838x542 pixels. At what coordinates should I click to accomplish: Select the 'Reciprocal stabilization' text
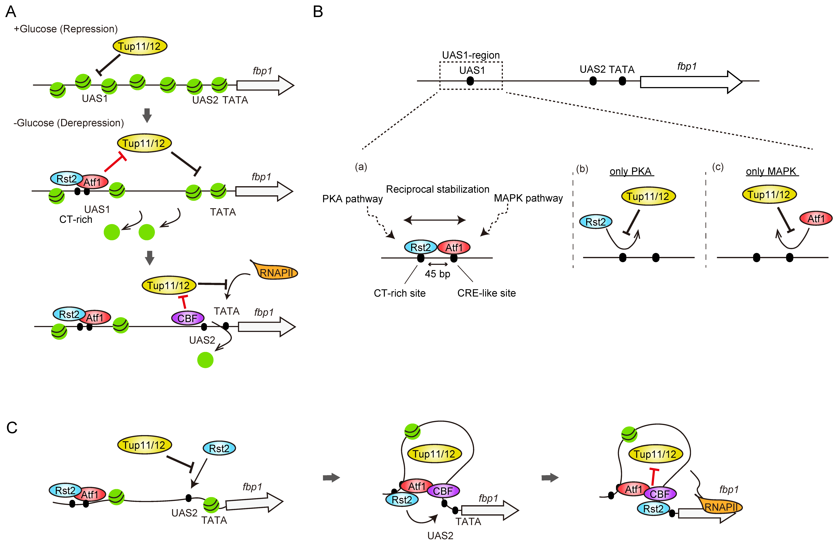[x=437, y=189]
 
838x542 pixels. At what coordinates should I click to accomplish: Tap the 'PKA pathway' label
[x=352, y=199]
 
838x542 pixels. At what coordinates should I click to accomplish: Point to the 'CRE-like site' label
[x=486, y=293]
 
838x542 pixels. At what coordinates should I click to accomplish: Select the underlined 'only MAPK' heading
[x=771, y=171]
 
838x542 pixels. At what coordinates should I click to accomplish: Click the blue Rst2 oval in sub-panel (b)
[x=596, y=222]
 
